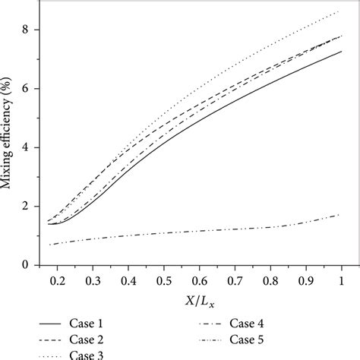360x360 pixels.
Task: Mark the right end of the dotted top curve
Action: click(341, 11)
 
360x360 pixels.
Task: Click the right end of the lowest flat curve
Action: click(341, 215)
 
